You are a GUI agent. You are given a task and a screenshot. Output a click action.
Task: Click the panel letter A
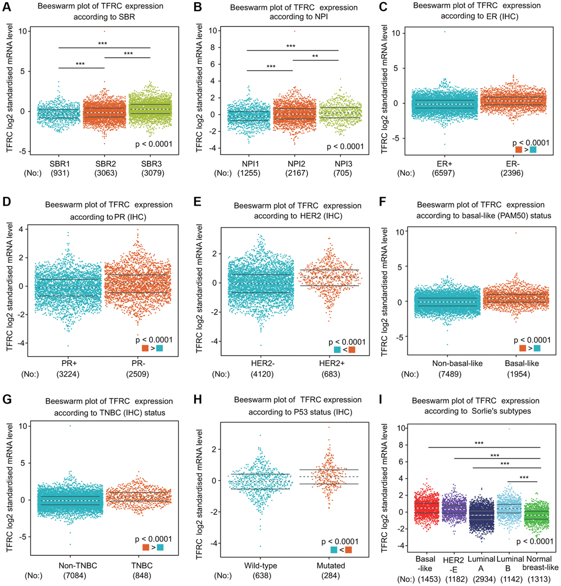pyautogui.click(x=7, y=7)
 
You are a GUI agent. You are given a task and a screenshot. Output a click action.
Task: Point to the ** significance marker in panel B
pyautogui.click(x=315, y=56)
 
